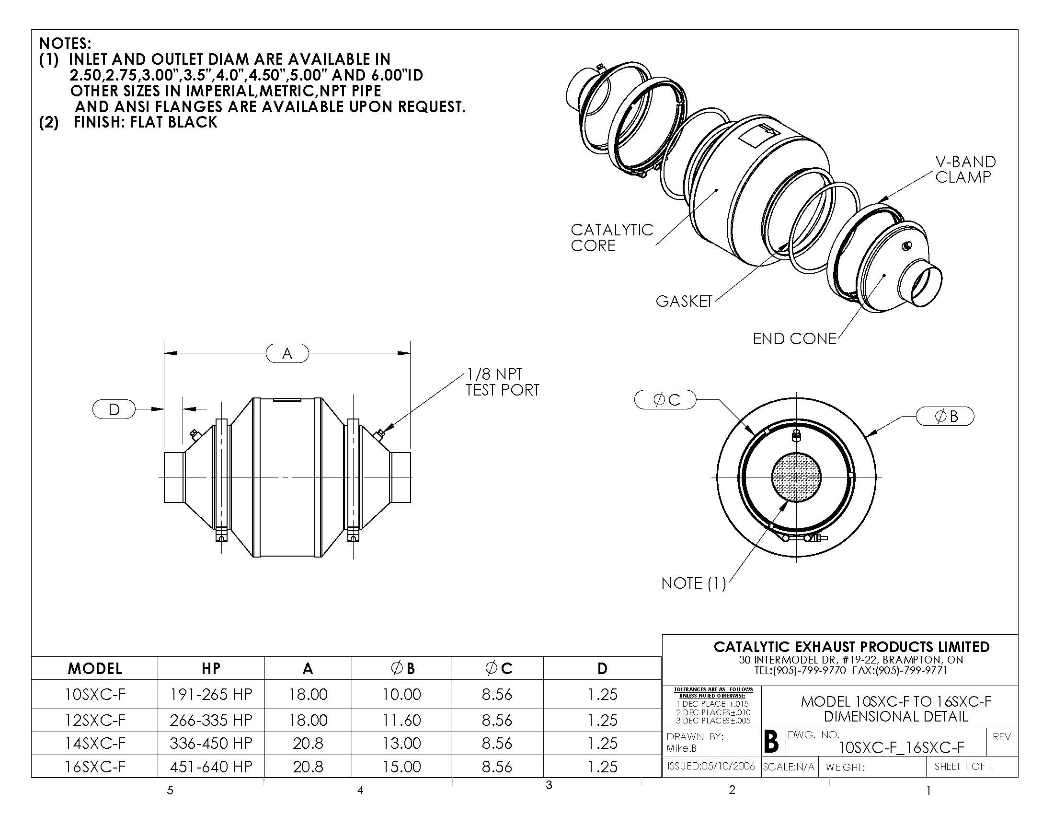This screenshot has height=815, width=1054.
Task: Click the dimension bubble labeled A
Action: pos(287,353)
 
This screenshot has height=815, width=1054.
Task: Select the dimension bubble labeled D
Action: pos(114,409)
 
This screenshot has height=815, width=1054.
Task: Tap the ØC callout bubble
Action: pos(665,399)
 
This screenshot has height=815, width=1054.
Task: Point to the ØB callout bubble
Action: pos(945,416)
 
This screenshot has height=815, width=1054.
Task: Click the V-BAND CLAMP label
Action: pos(965,169)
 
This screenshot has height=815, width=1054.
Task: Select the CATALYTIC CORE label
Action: pos(612,237)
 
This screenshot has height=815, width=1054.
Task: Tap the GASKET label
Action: pos(684,301)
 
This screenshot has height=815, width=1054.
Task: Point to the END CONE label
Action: pos(794,339)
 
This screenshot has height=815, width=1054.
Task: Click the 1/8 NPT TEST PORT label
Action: pos(503,382)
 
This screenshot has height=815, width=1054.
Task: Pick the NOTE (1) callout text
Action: pos(694,583)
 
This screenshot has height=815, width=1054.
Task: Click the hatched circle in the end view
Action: pos(796,477)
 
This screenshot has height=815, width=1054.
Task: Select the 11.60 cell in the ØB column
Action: pos(401,720)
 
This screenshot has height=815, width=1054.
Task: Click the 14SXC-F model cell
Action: pos(95,743)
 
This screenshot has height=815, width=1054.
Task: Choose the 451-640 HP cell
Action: pos(211,767)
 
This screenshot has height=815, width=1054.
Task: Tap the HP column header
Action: pos(211,668)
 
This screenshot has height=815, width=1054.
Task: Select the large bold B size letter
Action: pos(772,742)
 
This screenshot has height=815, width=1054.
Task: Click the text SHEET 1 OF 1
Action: pos(963,766)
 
